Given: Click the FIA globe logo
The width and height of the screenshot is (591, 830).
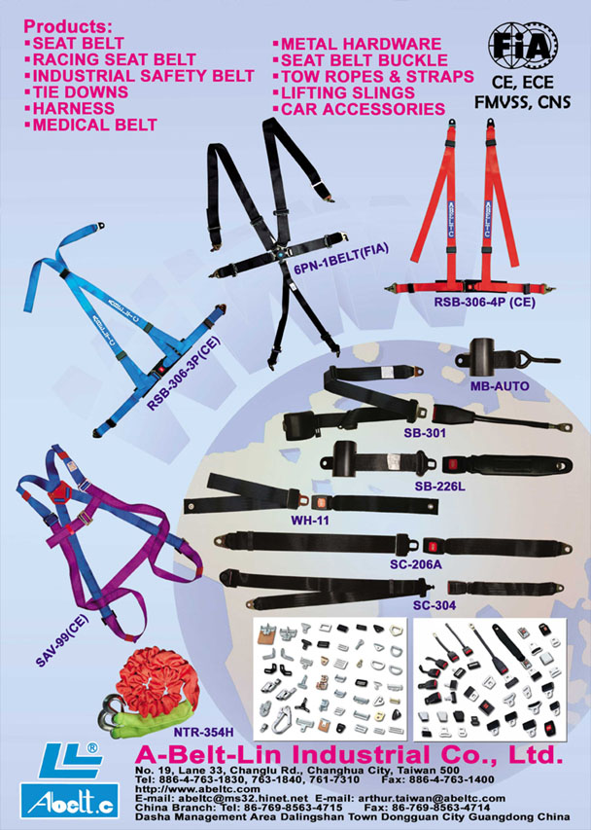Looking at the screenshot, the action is tap(521, 46).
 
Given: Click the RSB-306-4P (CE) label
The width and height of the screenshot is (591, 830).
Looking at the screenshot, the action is tap(485, 303).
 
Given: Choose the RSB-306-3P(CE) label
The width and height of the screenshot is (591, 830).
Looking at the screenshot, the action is tap(183, 374).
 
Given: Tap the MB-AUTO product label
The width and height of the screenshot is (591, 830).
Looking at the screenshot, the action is tap(500, 386).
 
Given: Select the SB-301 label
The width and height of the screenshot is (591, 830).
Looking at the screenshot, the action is tap(425, 433).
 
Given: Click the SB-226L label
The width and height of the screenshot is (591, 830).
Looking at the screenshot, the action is tap(439, 486).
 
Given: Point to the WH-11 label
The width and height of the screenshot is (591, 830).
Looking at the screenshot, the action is tap(310, 521).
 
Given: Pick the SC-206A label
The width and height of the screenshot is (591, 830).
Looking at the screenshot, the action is tap(415, 564).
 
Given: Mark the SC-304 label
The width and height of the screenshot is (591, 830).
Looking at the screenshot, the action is tap(435, 605).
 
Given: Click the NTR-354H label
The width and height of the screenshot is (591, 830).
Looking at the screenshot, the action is tap(203, 732).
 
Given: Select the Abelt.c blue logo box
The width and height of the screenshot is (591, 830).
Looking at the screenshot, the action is tap(69, 801).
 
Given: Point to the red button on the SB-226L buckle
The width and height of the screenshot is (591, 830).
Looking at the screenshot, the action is tap(453, 466).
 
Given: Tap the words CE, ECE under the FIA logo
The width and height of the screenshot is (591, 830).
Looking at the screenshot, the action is tap(522, 83).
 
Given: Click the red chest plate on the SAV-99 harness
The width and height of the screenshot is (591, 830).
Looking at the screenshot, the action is tap(59, 492).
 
